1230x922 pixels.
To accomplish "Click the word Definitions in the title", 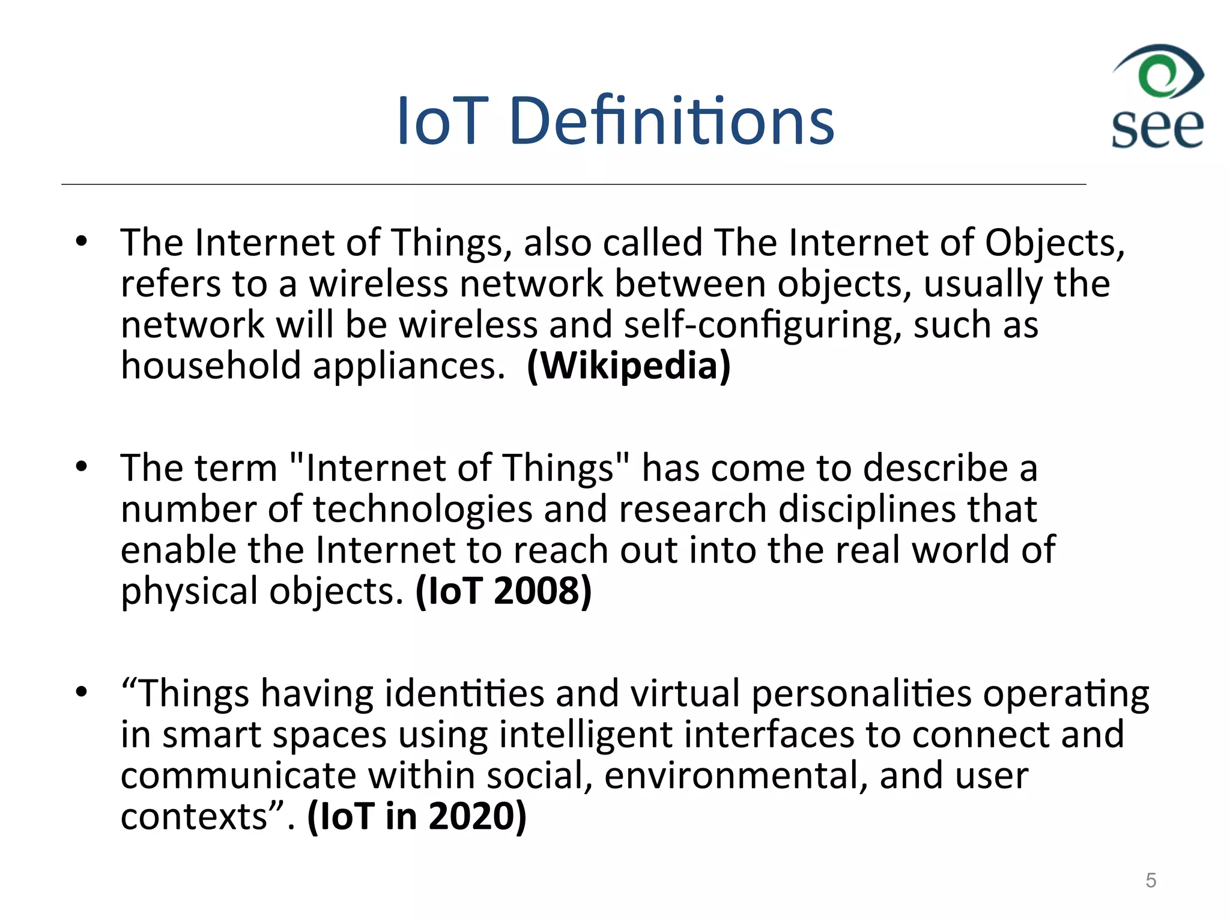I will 671,121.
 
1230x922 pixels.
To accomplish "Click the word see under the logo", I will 1157,128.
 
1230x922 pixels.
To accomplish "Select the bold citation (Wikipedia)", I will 629,366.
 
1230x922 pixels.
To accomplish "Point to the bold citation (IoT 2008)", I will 503,591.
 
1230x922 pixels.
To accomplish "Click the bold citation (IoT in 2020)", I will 417,816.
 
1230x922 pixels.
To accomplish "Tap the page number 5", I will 1150,880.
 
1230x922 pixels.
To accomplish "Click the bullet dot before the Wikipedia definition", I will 82,243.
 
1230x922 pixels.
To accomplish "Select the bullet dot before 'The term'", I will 82,467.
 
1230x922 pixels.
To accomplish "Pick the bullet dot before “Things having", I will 82,693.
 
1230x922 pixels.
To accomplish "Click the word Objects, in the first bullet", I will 1054,243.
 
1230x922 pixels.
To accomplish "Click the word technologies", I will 422,510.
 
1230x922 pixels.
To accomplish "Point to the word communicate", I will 238,776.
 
